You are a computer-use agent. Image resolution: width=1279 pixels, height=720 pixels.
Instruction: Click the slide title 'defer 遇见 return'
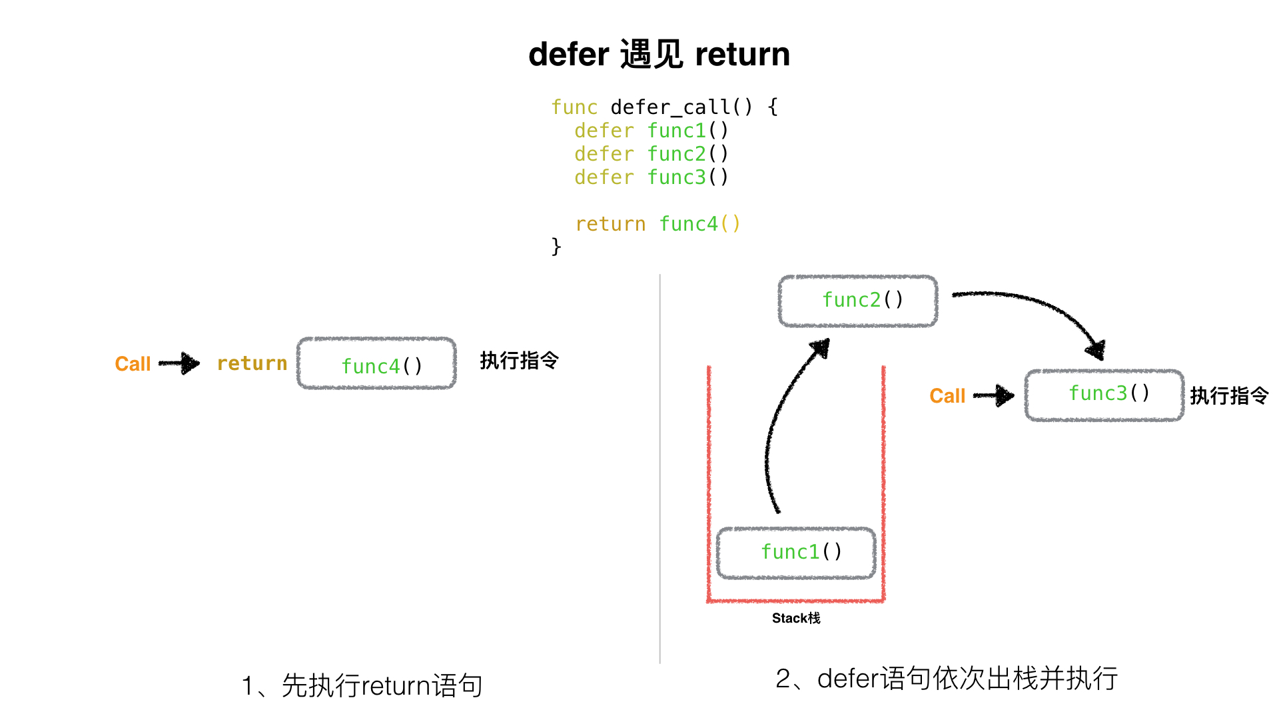point(659,54)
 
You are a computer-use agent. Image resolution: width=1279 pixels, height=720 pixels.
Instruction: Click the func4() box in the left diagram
point(377,364)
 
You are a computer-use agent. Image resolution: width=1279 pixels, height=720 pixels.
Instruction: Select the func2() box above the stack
point(858,301)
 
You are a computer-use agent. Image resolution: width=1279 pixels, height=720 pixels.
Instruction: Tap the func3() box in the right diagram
point(1104,395)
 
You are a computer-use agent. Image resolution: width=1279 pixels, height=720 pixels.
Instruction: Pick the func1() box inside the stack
point(796,553)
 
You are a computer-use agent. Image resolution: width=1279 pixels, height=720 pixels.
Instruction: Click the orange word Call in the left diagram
point(133,364)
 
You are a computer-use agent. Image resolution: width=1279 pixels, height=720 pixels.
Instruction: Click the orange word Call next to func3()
point(947,396)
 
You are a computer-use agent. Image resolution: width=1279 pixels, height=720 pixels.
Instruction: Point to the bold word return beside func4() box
point(252,363)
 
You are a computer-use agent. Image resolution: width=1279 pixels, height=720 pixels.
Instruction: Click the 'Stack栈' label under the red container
point(796,619)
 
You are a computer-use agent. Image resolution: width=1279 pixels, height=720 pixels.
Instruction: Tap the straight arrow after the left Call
point(180,363)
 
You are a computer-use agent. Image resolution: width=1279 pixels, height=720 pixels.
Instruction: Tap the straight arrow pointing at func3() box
point(994,395)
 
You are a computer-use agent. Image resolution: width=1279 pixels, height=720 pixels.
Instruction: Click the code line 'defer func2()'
point(651,154)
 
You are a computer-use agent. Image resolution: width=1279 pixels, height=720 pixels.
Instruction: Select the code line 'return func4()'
point(657,224)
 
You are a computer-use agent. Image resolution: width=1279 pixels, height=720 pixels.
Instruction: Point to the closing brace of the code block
point(556,247)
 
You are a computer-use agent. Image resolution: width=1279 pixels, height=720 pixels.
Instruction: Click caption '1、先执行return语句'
point(362,685)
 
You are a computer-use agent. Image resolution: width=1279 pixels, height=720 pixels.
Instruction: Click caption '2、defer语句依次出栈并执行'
point(946,679)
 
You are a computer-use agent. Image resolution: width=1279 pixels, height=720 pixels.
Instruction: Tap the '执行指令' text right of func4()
point(519,361)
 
